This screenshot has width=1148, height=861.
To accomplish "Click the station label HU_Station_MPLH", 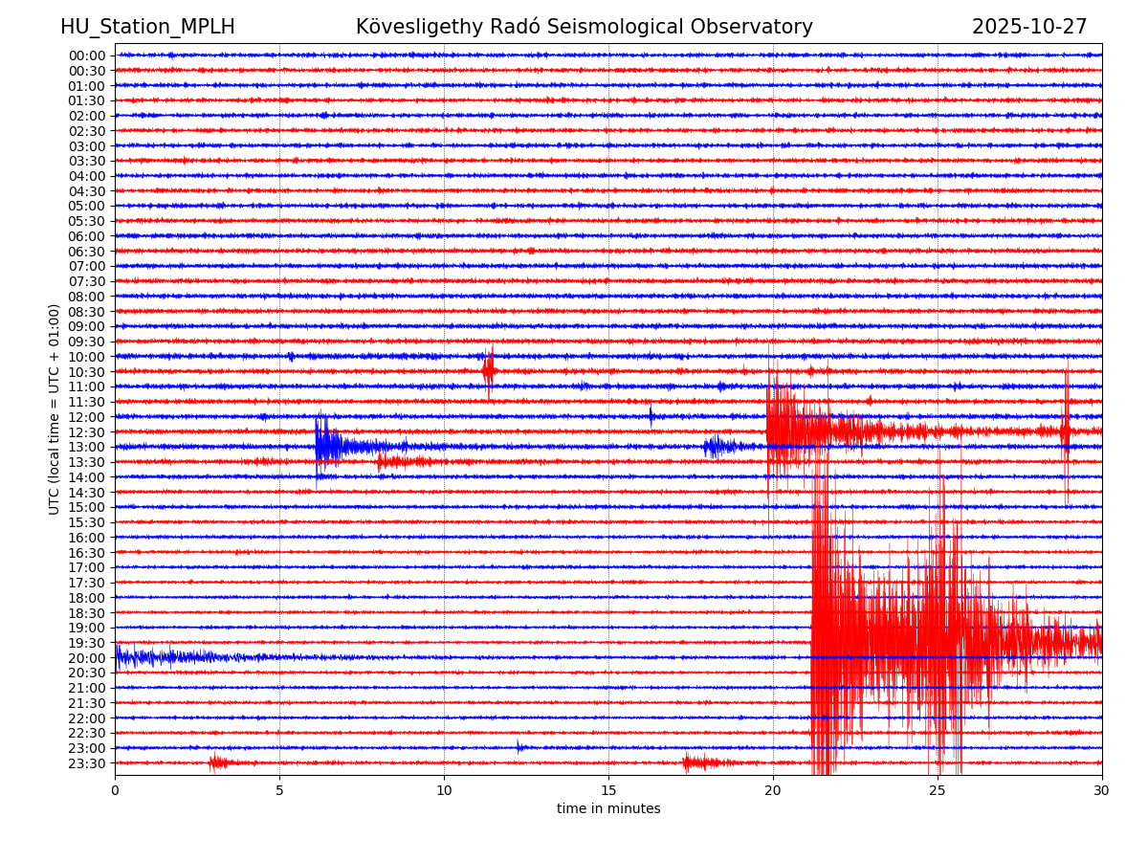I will click(147, 28).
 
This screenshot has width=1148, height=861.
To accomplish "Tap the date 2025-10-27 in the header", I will click(1029, 28).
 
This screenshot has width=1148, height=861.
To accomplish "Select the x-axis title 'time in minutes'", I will click(608, 809).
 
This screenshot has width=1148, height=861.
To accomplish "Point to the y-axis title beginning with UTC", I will click(55, 408).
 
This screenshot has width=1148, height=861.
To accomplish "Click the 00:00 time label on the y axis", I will click(86, 55).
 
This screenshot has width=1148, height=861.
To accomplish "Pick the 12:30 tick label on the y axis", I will click(86, 432).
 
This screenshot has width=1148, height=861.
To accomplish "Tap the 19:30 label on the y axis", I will click(86, 643).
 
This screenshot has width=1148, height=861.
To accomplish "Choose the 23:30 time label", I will click(86, 763).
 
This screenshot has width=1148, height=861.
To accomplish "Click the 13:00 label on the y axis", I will click(86, 447).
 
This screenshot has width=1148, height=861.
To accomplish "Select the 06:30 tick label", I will click(86, 252).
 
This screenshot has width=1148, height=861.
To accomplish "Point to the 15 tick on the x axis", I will click(608, 791).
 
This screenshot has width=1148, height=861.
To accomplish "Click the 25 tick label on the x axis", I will click(938, 791).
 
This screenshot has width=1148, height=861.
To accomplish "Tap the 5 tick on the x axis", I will click(279, 791).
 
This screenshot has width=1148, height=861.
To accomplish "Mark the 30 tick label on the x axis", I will click(1102, 791).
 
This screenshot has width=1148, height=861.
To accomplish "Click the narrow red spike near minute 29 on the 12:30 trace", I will click(1066, 430).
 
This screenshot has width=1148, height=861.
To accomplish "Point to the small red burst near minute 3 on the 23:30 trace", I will click(218, 762).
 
